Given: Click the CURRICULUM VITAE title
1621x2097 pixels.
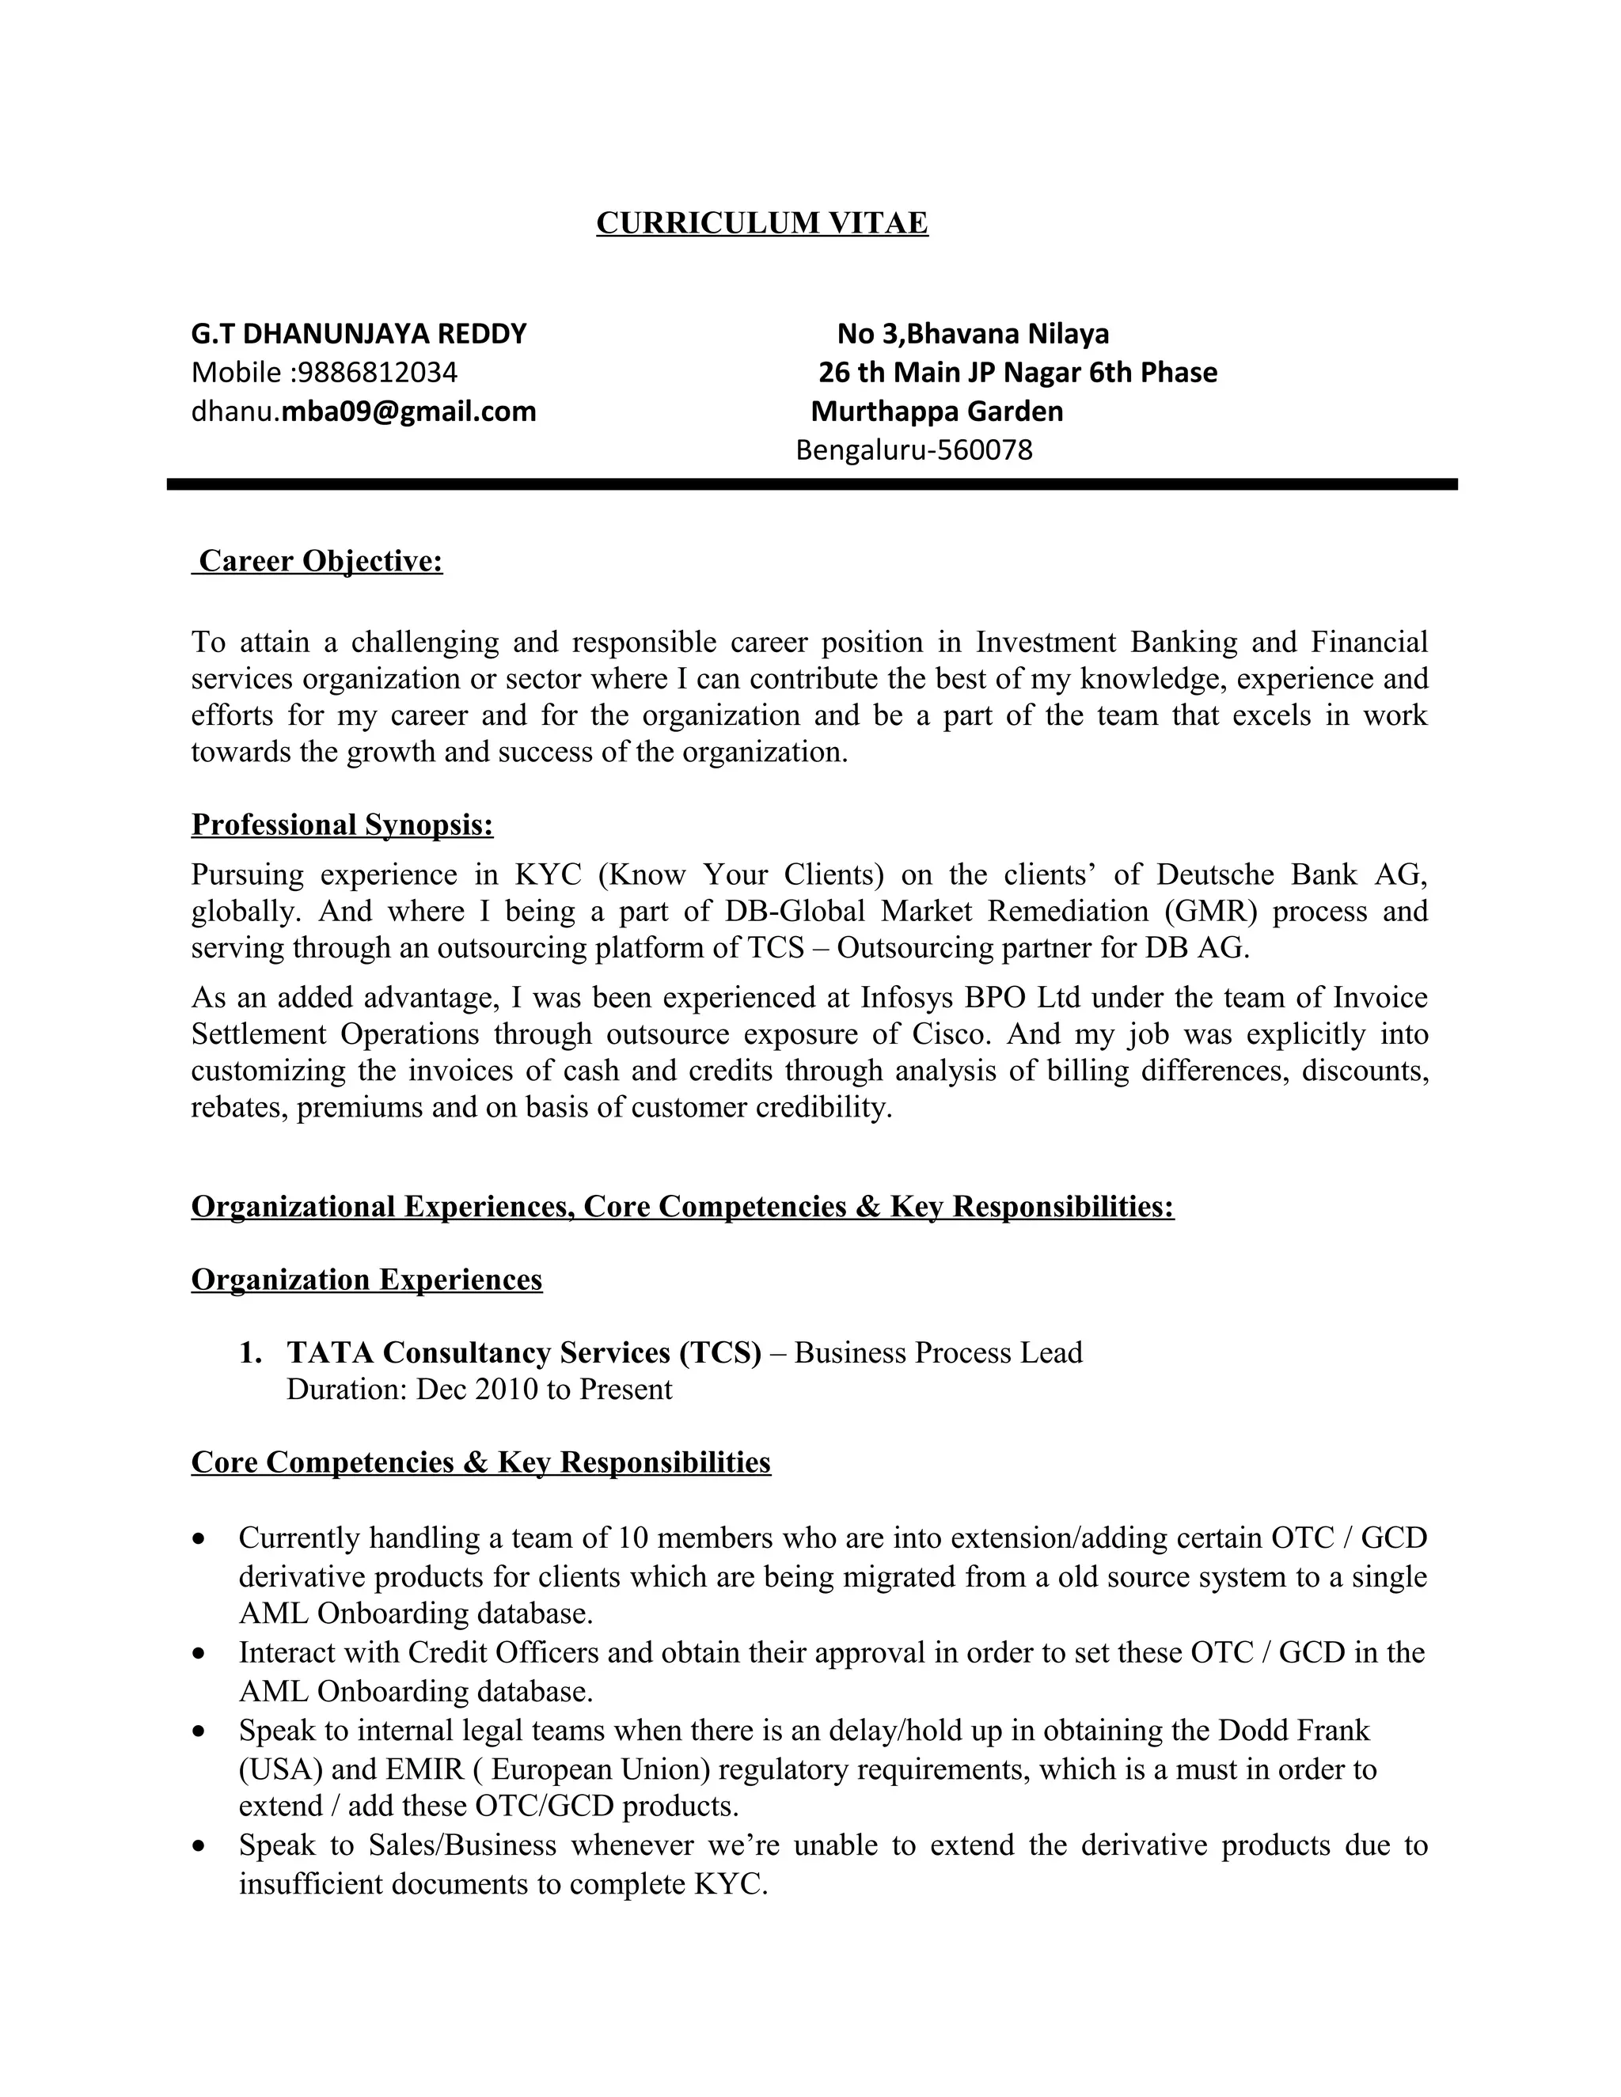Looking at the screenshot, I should (x=761, y=223).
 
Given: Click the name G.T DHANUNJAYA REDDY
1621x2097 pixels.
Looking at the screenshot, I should (x=359, y=334).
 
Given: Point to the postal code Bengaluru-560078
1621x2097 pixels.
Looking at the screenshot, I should (x=913, y=450).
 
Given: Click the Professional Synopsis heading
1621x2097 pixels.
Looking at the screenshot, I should (x=342, y=825).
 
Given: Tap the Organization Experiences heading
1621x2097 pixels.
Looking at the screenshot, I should (x=366, y=1280).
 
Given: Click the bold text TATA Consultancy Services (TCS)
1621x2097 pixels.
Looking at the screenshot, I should (x=523, y=1353).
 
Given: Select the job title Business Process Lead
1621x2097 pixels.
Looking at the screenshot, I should (x=938, y=1353).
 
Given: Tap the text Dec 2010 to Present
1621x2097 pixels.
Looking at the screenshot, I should (x=544, y=1390).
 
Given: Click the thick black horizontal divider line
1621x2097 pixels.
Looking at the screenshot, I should (x=811, y=485).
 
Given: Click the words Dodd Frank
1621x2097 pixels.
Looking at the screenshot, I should (x=1293, y=1730).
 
